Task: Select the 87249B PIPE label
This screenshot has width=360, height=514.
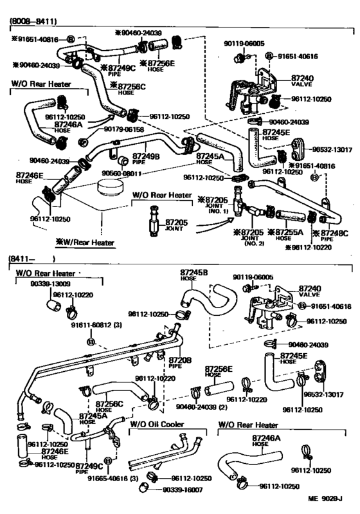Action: pyautogui.click(x=146, y=158)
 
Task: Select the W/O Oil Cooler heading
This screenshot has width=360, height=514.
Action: pyautogui.click(x=156, y=425)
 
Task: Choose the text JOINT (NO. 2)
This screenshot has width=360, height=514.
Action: pyautogui.click(x=247, y=239)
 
